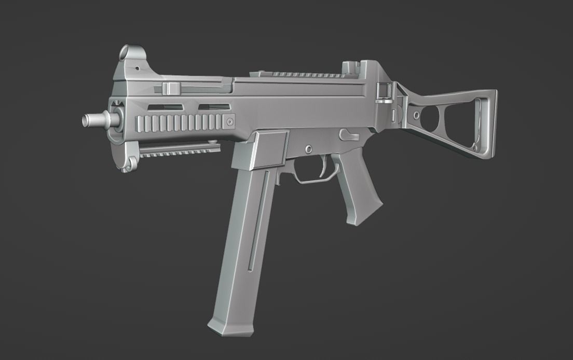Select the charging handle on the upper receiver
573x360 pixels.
click(170, 88)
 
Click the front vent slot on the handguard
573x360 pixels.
click(165, 107)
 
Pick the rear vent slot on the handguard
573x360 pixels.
click(214, 107)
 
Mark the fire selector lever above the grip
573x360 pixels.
click(348, 135)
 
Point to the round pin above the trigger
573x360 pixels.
click(309, 149)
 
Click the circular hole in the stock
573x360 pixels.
click(430, 118)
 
